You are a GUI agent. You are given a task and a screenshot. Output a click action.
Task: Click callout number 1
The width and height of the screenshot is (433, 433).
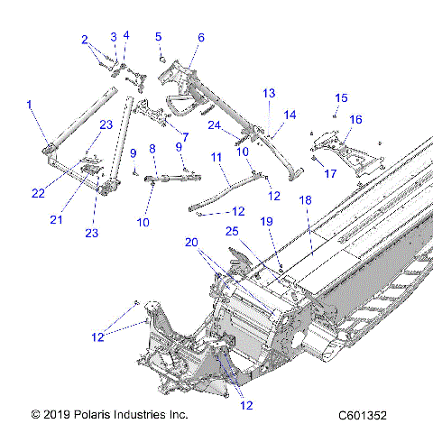tap(30, 106)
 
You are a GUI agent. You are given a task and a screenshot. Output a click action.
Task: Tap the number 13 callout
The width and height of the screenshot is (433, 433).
tap(269, 94)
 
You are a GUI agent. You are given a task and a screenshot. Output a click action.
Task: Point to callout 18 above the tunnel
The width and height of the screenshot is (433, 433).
tap(305, 199)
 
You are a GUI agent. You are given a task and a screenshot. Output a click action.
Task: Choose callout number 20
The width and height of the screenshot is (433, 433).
tap(191, 242)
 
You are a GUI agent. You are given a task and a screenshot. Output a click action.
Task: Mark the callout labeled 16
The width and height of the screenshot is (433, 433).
tap(355, 119)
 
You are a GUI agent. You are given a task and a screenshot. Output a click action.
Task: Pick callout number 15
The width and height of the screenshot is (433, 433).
tap(340, 97)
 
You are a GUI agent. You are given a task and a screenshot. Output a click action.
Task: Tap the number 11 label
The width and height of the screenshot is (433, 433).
tap(216, 157)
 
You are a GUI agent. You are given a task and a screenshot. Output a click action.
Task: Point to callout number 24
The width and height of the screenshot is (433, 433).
tap(214, 124)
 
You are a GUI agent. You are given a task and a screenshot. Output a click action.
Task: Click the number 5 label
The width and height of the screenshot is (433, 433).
tap(158, 37)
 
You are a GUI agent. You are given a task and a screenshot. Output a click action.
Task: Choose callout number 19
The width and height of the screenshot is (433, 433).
tap(267, 221)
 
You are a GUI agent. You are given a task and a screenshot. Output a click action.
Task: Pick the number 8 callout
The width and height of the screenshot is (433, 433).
tap(152, 148)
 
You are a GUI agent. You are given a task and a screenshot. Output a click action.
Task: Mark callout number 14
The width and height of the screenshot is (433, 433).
tap(290, 115)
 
